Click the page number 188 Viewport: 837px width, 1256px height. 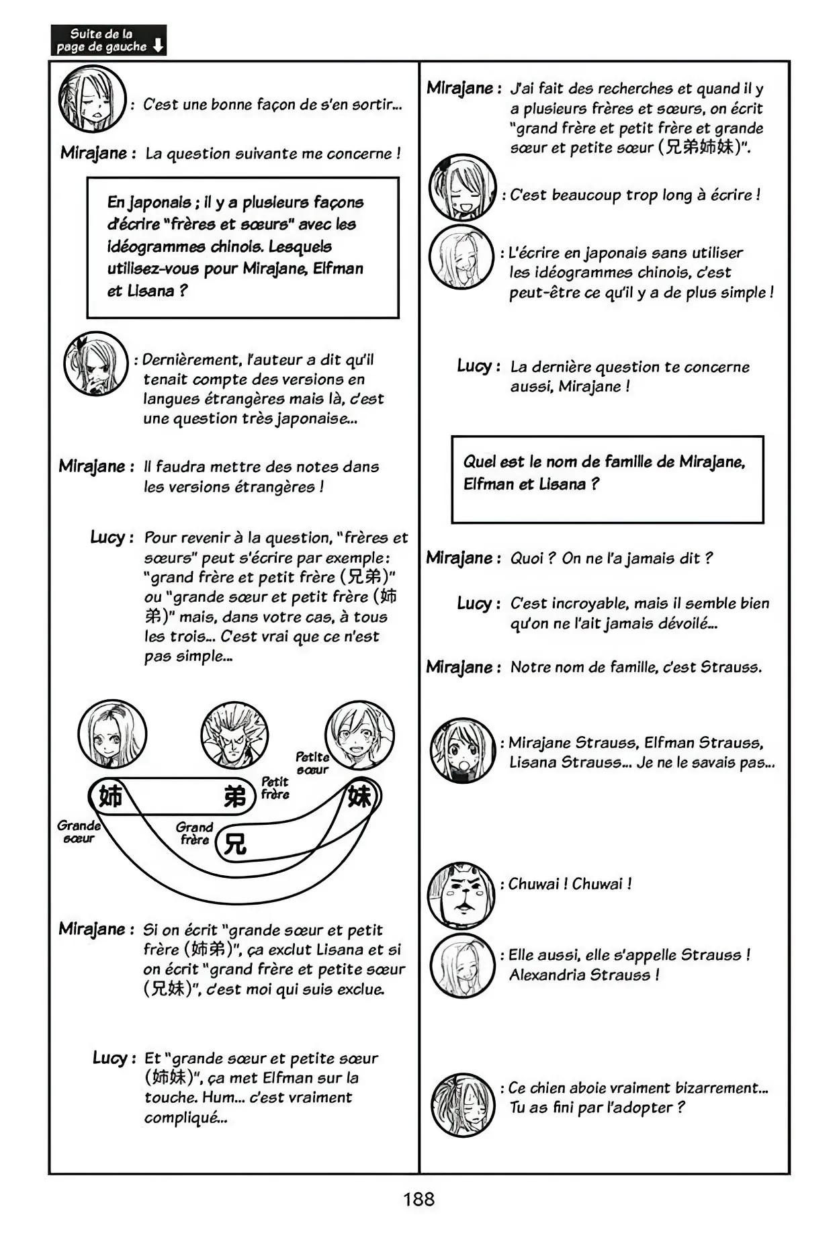419,1199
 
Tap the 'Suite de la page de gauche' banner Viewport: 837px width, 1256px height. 108,40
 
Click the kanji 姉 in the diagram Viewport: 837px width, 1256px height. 110,797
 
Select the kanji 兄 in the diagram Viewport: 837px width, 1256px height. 235,844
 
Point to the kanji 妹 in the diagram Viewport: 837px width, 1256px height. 359,797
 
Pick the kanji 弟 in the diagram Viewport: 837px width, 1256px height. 235,797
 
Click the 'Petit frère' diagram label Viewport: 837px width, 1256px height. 275,788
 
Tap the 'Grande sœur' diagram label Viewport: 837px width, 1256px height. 79,832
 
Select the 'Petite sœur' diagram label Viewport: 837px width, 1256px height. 312,763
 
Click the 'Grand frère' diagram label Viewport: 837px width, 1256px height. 194,833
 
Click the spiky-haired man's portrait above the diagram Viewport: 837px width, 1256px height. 234,734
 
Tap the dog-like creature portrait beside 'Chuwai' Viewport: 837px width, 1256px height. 461,895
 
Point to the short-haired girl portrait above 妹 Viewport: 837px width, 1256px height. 359,734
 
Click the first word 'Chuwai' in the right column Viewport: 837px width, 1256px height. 534,884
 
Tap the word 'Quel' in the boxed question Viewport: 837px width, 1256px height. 480,462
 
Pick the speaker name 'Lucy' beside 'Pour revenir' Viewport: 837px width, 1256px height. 107,537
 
